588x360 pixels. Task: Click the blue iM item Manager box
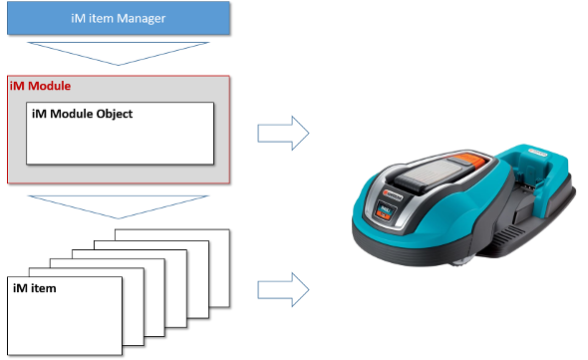coord(119,18)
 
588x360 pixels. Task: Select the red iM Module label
coord(40,86)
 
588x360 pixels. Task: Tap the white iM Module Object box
coord(120,134)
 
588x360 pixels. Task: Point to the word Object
coord(115,114)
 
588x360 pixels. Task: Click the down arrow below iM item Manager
coord(119,53)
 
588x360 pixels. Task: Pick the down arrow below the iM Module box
coord(119,206)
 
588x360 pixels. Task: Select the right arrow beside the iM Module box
coord(283,134)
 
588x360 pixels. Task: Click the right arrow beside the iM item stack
coord(283,290)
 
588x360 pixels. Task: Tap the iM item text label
coord(35,288)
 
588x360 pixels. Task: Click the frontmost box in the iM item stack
coord(65,316)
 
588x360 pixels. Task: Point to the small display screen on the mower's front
coord(385,211)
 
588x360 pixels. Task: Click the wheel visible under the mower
coord(460,261)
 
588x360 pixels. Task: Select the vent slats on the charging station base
coord(509,235)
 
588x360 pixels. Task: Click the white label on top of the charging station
coord(537,152)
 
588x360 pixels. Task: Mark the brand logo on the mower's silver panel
coord(393,195)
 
